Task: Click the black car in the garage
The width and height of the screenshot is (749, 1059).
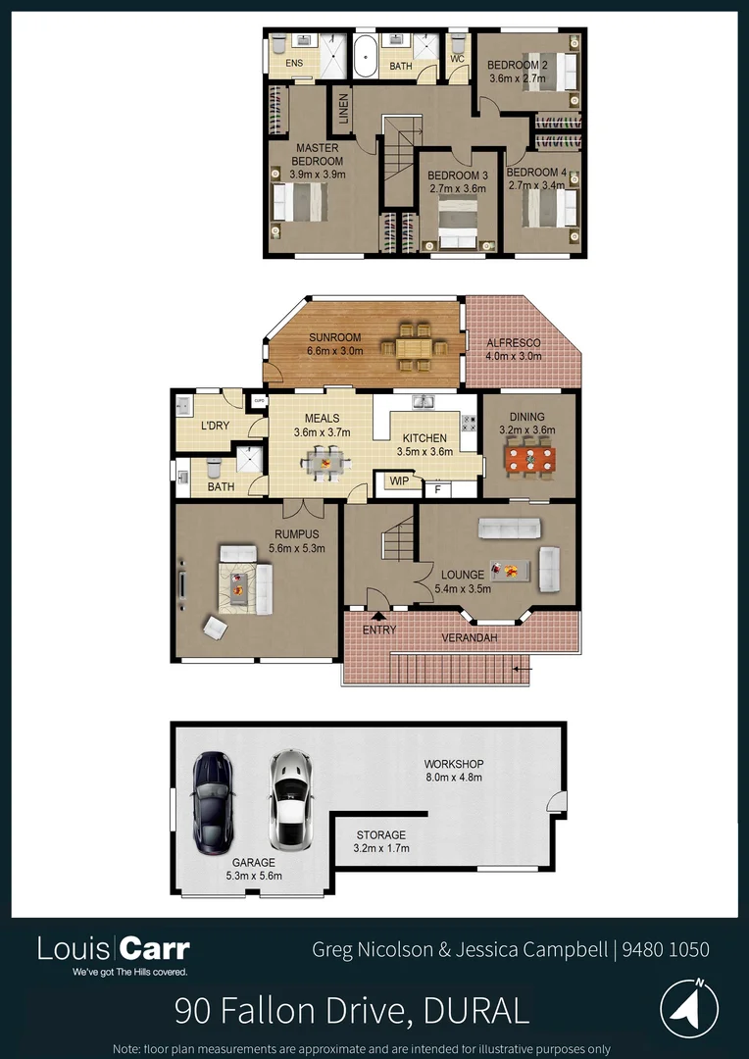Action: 212,802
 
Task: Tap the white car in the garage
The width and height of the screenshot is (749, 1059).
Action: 289,800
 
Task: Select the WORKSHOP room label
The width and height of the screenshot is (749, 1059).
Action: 453,764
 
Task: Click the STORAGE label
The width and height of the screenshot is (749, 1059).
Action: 380,835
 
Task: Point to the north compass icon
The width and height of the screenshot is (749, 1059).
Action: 689,1007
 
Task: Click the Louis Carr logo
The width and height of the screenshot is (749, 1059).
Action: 114,949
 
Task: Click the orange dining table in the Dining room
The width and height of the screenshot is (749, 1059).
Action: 529,460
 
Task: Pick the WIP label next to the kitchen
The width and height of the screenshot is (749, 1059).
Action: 399,481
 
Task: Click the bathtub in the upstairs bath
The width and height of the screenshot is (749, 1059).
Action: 365,58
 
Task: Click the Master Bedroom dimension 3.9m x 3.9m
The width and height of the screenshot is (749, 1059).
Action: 316,174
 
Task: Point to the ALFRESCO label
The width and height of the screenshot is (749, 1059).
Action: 514,342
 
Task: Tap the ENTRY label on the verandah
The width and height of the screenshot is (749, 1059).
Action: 379,630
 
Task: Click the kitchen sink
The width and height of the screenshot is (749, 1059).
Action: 424,401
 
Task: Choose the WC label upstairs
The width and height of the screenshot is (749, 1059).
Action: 457,59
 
